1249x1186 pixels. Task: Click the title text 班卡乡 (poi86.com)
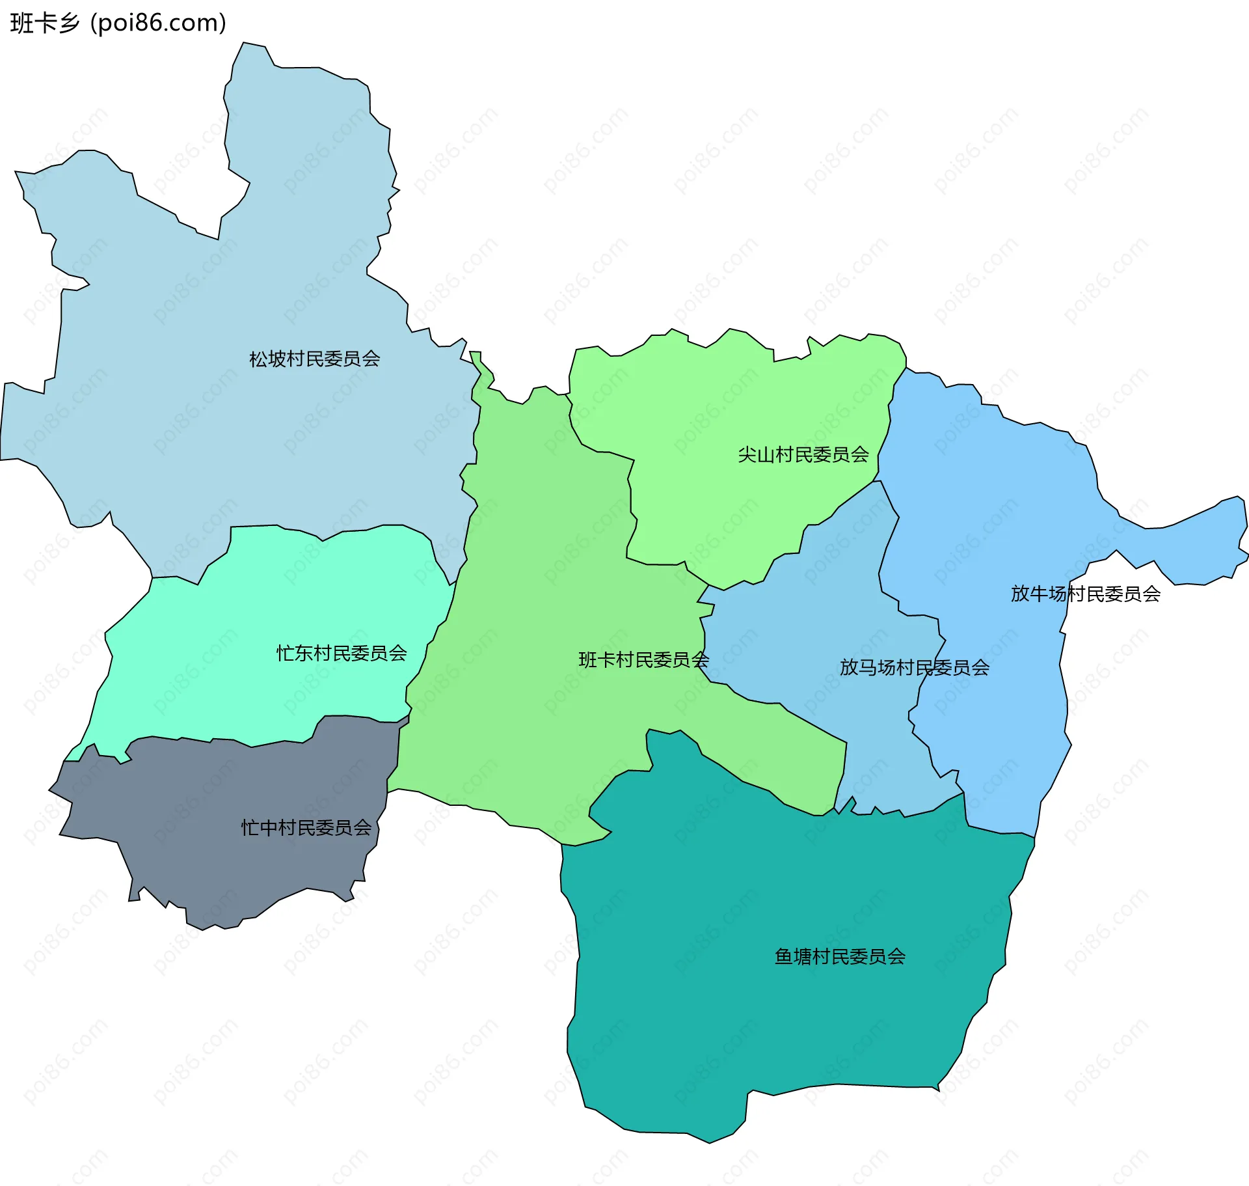(118, 23)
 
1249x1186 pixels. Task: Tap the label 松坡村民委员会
(314, 359)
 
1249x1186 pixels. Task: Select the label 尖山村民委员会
(803, 454)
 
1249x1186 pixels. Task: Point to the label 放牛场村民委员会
(1085, 594)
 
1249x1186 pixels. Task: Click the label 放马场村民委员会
(914, 667)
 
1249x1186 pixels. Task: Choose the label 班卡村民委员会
(643, 659)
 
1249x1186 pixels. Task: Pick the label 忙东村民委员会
(342, 653)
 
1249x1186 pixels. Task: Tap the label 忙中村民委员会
(306, 827)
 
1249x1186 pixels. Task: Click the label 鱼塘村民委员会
(840, 956)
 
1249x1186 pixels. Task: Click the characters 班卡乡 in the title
(44, 23)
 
